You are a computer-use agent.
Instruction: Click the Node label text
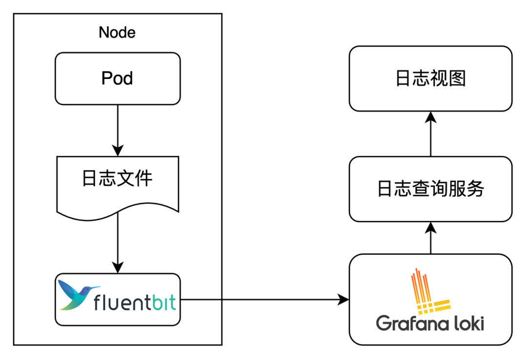click(117, 33)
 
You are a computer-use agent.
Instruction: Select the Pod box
click(118, 79)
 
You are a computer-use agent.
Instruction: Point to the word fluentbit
click(135, 302)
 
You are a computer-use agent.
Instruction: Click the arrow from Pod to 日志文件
click(118, 130)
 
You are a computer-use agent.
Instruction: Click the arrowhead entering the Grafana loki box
click(344, 299)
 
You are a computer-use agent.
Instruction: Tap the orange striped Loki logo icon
click(430, 291)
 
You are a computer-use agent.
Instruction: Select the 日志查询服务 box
click(430, 189)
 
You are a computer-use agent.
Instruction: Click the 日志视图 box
click(430, 79)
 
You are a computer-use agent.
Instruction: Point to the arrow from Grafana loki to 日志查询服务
click(430, 238)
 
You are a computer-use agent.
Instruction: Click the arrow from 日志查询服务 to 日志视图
click(430, 134)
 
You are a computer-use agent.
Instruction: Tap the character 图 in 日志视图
click(457, 79)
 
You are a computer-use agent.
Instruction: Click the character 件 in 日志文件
click(144, 178)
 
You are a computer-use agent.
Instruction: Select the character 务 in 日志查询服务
click(475, 189)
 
